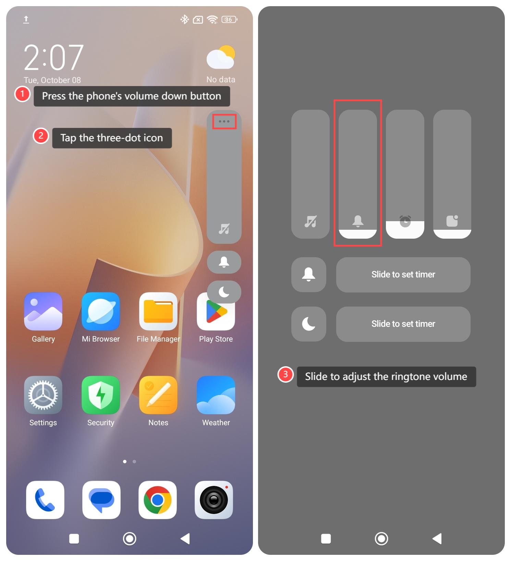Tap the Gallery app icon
click(x=43, y=311)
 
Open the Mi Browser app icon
click(x=101, y=311)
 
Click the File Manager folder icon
click(x=158, y=311)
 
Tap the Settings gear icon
click(x=43, y=395)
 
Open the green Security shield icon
click(x=101, y=395)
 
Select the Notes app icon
click(x=158, y=395)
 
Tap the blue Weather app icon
click(x=216, y=395)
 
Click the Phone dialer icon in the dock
click(x=45, y=500)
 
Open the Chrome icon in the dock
click(x=158, y=500)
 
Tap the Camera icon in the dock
click(x=214, y=500)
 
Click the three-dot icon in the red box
click(x=224, y=121)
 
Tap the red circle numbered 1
click(x=22, y=94)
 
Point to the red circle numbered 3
click(x=285, y=374)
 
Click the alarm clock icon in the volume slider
click(x=405, y=221)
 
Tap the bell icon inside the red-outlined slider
click(x=358, y=221)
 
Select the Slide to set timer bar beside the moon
click(x=403, y=324)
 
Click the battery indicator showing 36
click(x=229, y=20)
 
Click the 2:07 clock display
click(x=53, y=57)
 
